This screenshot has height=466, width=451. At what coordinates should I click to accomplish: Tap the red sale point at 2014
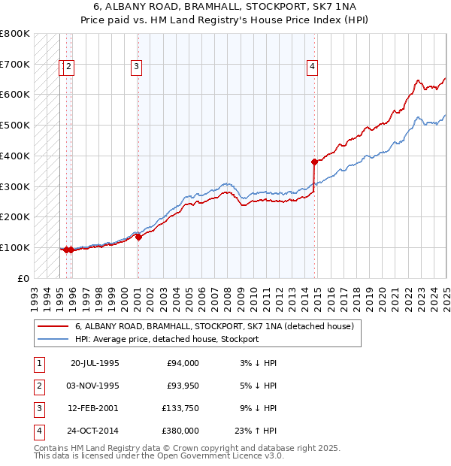pyautogui.click(x=314, y=161)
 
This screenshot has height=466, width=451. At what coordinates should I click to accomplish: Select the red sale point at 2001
pyautogui.click(x=138, y=237)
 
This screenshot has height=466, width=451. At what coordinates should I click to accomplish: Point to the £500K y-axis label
pyautogui.click(x=15, y=125)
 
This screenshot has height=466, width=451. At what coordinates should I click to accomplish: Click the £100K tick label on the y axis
pyautogui.click(x=15, y=247)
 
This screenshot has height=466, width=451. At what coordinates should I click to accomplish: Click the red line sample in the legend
pyautogui.click(x=53, y=327)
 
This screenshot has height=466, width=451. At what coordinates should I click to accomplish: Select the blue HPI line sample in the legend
pyautogui.click(x=53, y=339)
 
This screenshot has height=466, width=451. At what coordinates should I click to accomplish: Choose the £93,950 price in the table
pyautogui.click(x=183, y=386)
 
